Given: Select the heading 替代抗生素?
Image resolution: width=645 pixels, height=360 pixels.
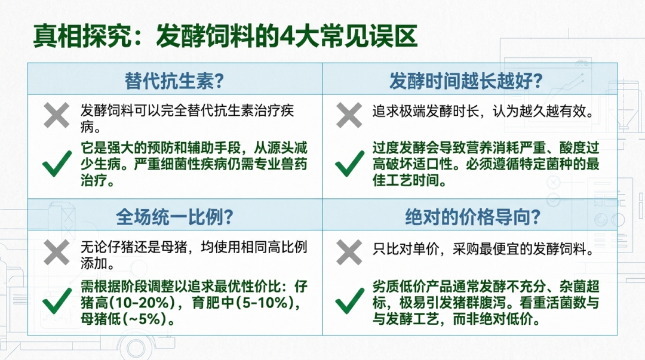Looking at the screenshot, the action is [174, 81].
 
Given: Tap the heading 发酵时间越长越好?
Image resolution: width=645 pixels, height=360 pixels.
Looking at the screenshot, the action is [466, 81].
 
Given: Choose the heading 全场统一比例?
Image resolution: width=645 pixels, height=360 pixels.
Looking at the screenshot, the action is [174, 217].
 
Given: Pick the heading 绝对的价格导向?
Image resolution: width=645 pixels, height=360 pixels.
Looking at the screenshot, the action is [472, 217].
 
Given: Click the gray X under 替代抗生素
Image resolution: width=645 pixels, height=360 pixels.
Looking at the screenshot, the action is [56, 116].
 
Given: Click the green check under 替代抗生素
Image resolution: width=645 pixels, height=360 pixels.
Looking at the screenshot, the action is [57, 164].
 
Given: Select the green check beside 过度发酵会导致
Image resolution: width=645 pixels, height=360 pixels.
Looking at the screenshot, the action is [349, 164].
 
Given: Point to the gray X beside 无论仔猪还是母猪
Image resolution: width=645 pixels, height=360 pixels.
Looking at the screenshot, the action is [56, 252].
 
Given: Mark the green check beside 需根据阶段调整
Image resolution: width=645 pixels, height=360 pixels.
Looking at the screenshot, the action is [57, 301].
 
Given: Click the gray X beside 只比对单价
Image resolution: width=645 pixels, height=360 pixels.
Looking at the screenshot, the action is [349, 252].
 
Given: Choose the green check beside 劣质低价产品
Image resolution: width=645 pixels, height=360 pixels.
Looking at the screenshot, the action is [349, 301].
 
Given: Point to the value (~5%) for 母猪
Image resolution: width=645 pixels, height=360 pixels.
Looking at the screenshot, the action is [145, 319].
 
